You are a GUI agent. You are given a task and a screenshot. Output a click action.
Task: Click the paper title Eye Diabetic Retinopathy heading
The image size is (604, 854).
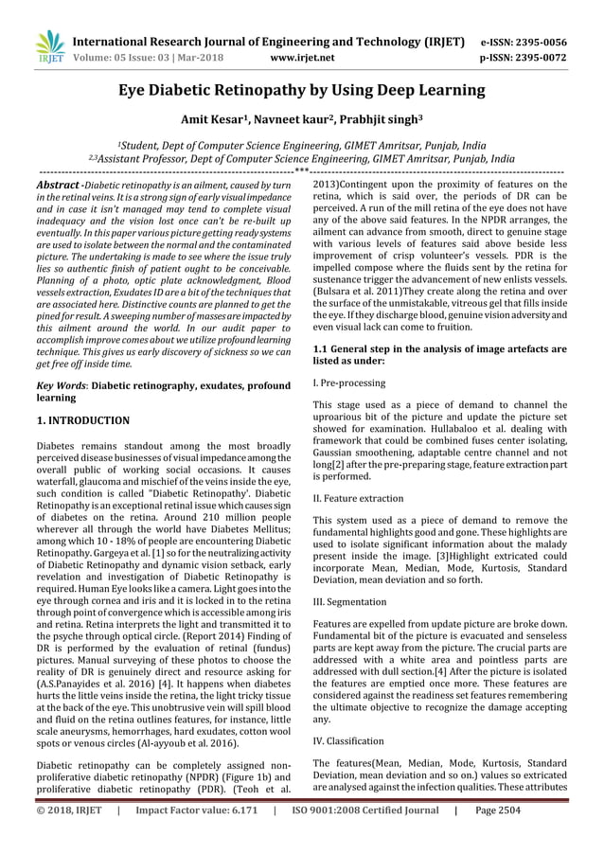(x=301, y=91)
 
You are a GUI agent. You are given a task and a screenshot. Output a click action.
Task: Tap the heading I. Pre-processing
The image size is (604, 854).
(x=348, y=383)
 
